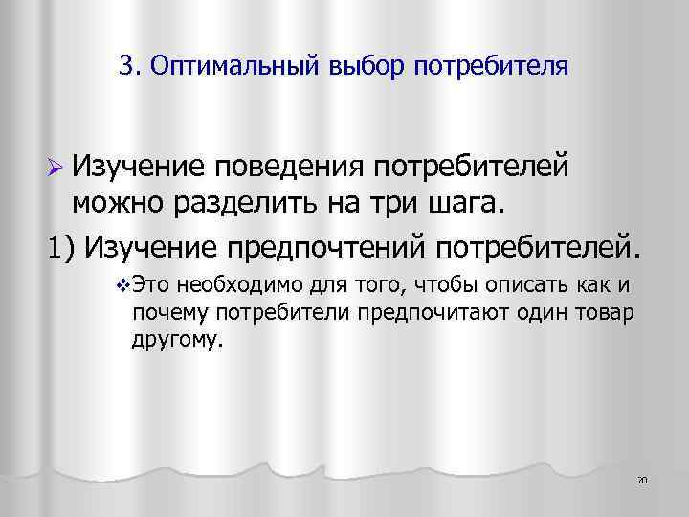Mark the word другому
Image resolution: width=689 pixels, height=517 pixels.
click(x=175, y=339)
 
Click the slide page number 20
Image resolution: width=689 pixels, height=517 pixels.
click(x=642, y=479)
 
